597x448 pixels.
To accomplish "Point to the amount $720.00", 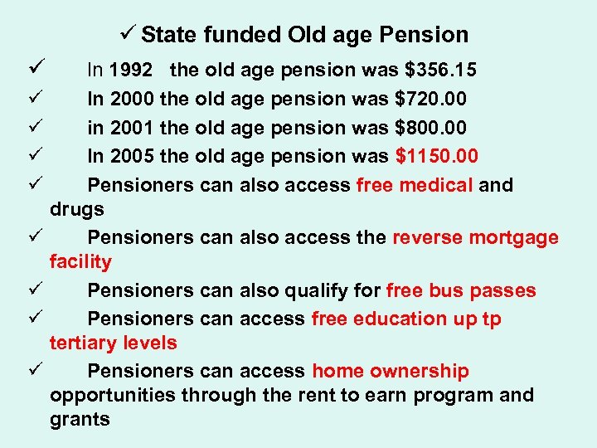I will click(x=430, y=99).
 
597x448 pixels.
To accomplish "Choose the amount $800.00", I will click(x=430, y=128).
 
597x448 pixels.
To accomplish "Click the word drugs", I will click(x=76, y=209).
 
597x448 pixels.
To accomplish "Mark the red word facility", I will click(x=80, y=262).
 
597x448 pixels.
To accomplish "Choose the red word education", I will click(x=400, y=319).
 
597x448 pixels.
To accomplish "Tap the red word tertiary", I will click(x=82, y=343).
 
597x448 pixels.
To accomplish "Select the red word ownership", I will click(x=425, y=371).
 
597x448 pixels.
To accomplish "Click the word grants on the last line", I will click(x=80, y=419).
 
